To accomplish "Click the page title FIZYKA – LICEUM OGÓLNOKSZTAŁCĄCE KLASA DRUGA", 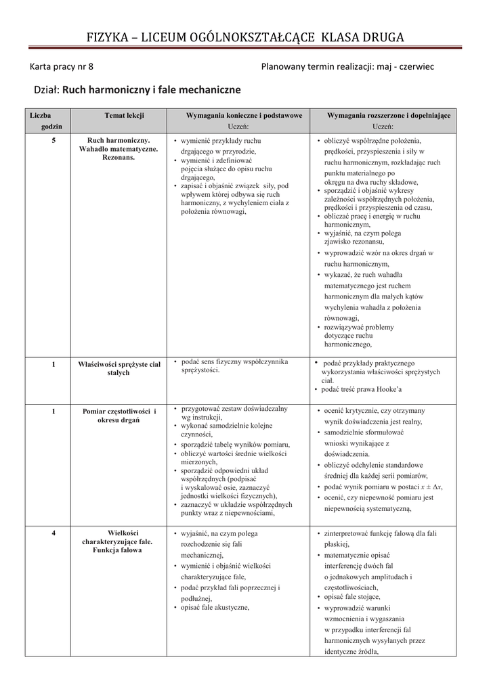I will click(245, 37).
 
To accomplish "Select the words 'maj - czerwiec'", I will click(404, 66).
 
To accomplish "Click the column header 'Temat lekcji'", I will click(124, 116).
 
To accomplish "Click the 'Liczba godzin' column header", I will click(51, 121).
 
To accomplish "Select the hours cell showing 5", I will click(53, 140).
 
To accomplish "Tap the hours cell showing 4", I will click(53, 533).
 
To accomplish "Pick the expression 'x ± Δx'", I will click(431, 487).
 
